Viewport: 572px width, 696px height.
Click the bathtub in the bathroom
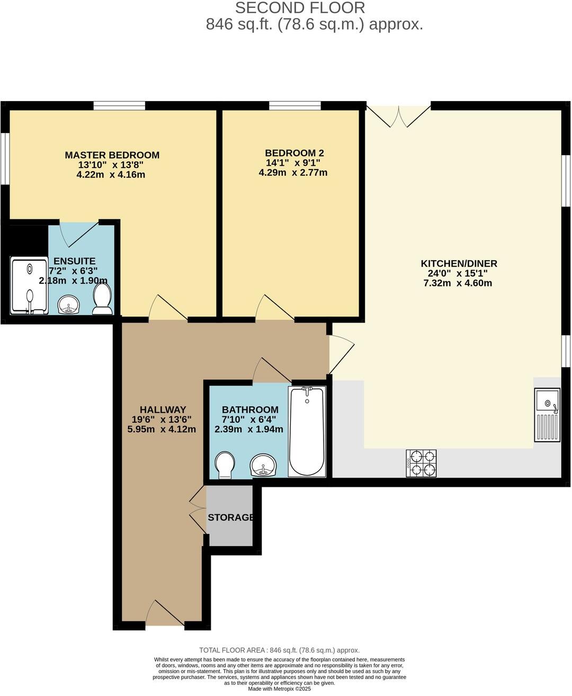pos(307,431)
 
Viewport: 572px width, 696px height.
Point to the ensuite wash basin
pos(69,305)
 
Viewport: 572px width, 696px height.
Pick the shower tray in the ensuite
pos(30,285)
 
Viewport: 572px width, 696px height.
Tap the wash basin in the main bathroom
pos(263,465)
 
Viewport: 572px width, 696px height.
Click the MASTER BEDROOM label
pos(112,155)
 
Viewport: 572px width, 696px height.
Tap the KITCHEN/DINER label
pos(459,264)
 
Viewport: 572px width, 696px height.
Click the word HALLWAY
pos(163,409)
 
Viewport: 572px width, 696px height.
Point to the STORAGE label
pos(230,517)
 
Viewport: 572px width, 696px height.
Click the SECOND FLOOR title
pos(300,8)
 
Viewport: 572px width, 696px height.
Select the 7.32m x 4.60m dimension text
pos(458,283)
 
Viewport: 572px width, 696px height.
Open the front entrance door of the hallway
pos(165,614)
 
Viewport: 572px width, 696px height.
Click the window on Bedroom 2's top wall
pos(294,105)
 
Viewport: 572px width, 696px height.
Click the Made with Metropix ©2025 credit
pos(279,689)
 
